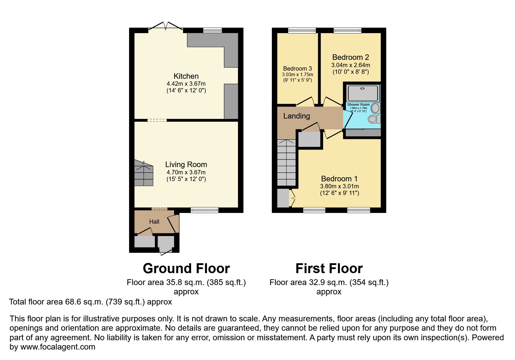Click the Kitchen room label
[x=186, y=76]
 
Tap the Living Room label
[x=186, y=164]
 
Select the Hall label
[x=154, y=222]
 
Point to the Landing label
[x=296, y=116]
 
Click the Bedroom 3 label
[x=297, y=69]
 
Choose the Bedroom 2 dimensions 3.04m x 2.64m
[x=350, y=65]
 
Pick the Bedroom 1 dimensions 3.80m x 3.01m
[x=339, y=186]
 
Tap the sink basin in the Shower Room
[x=375, y=108]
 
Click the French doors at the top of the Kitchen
[x=165, y=26]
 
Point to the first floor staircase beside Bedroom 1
[x=286, y=163]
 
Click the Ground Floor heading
[x=186, y=268]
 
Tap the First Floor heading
[x=329, y=268]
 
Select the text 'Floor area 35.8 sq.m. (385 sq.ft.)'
[x=186, y=282]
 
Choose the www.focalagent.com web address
[x=58, y=347]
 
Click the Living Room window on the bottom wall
[x=204, y=210]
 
